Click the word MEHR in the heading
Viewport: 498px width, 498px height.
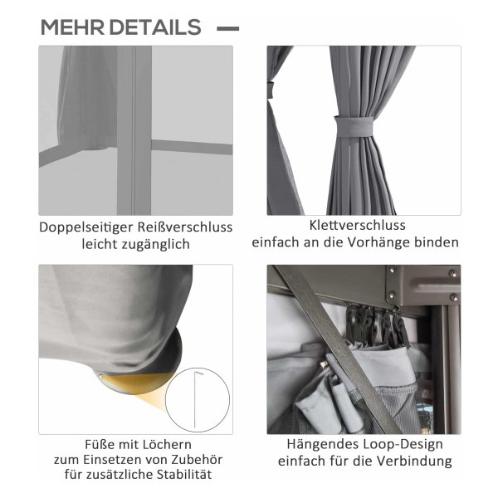(72, 27)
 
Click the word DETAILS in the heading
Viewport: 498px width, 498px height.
(155, 27)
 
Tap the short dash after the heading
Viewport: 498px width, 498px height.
(227, 28)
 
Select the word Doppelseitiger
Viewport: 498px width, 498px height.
(86, 227)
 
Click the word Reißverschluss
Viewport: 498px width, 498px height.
(185, 227)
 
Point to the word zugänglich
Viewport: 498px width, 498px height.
(153, 245)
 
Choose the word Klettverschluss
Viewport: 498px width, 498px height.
(357, 225)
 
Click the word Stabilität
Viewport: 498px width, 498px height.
(183, 475)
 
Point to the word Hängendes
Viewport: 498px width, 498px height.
(322, 445)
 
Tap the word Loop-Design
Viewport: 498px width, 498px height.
(403, 445)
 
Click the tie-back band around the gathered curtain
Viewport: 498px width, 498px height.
(354, 127)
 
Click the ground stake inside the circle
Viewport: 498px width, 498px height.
(197, 400)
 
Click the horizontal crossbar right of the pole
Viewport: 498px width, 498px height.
(192, 147)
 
